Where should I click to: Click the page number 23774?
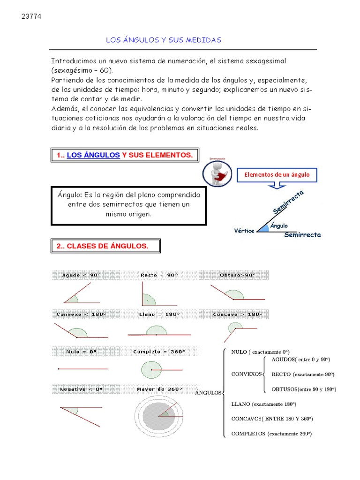[x=31, y=16]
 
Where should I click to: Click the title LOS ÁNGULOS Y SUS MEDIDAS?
[x=163, y=40]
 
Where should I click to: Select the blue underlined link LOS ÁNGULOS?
[x=93, y=155]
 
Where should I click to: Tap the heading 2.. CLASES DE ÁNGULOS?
[x=102, y=246]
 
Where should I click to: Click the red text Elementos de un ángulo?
[x=277, y=175]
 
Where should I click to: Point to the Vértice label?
[x=244, y=230]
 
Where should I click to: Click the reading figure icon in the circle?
[x=218, y=173]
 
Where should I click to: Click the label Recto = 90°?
[x=159, y=275]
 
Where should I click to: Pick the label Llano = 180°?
[x=159, y=314]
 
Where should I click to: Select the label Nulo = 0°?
[x=76, y=351]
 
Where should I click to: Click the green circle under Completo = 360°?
[x=151, y=370]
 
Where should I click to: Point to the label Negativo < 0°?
[x=81, y=389]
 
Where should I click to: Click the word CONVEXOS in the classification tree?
[x=247, y=374]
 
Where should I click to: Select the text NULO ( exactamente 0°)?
[x=260, y=352]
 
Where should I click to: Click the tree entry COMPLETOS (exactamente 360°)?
[x=271, y=434]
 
